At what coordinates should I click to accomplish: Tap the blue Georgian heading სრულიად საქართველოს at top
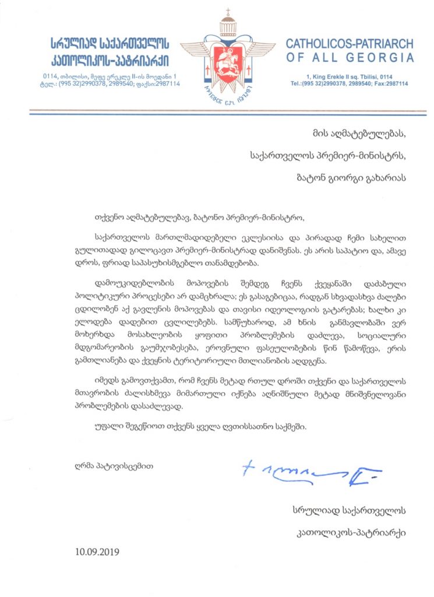109,43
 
